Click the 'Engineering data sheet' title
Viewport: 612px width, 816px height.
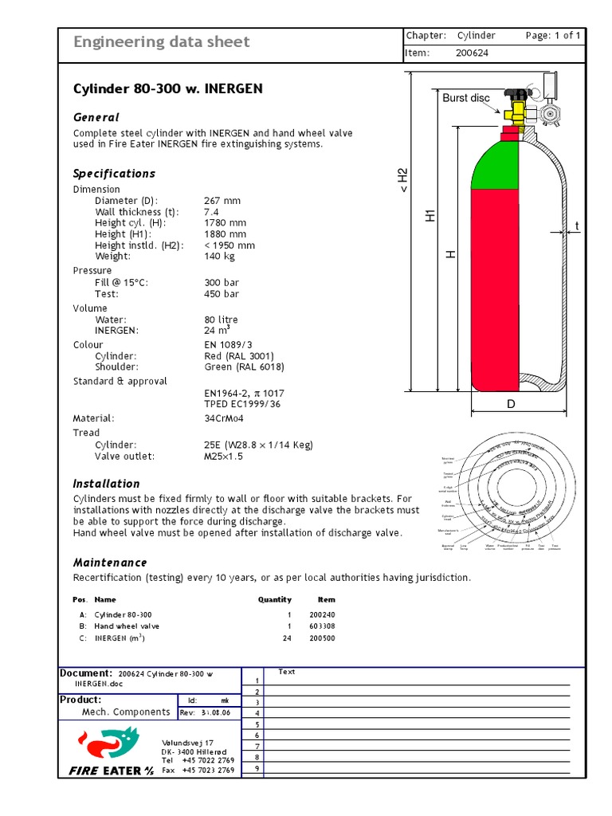pos(161,42)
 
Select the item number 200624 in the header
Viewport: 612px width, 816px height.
pos(472,53)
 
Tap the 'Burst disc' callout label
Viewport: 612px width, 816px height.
pos(466,98)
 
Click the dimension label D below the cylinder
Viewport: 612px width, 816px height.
pos(512,405)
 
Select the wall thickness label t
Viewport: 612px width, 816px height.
pos(577,226)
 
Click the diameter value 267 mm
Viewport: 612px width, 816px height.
pos(222,201)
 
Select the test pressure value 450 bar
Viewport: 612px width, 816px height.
pos(222,294)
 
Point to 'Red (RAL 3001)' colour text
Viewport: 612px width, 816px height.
pos(239,356)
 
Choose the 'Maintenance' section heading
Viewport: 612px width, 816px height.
pos(110,563)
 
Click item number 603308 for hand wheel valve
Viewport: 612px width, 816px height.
pos(322,626)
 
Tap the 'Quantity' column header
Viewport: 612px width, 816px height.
pos(275,599)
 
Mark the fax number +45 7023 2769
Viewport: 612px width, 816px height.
pos(208,771)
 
